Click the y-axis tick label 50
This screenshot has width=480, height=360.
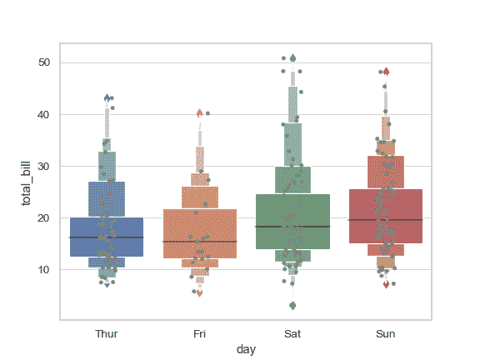click(x=44, y=62)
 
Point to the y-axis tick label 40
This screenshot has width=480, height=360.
click(x=44, y=114)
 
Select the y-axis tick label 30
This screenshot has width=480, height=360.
click(x=44, y=166)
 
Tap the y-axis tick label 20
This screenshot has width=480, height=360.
click(x=44, y=217)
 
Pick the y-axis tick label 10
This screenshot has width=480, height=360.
click(x=44, y=269)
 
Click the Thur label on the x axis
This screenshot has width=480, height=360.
click(x=107, y=333)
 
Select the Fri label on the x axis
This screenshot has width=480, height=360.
click(x=199, y=333)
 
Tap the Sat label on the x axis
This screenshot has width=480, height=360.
click(x=292, y=333)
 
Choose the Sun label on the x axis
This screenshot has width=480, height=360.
click(x=385, y=333)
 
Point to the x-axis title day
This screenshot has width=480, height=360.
click(x=246, y=350)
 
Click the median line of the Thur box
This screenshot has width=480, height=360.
click(x=107, y=237)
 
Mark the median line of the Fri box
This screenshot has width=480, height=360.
click(x=199, y=242)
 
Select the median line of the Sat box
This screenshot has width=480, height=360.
click(x=292, y=227)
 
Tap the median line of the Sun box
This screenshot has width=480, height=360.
click(x=385, y=220)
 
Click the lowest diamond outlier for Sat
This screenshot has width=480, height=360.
click(x=292, y=305)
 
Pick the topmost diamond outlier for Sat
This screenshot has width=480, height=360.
click(x=292, y=58)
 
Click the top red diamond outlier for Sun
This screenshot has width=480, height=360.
click(x=386, y=72)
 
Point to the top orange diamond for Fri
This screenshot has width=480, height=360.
click(x=199, y=113)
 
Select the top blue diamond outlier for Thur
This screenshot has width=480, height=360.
click(x=107, y=98)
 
